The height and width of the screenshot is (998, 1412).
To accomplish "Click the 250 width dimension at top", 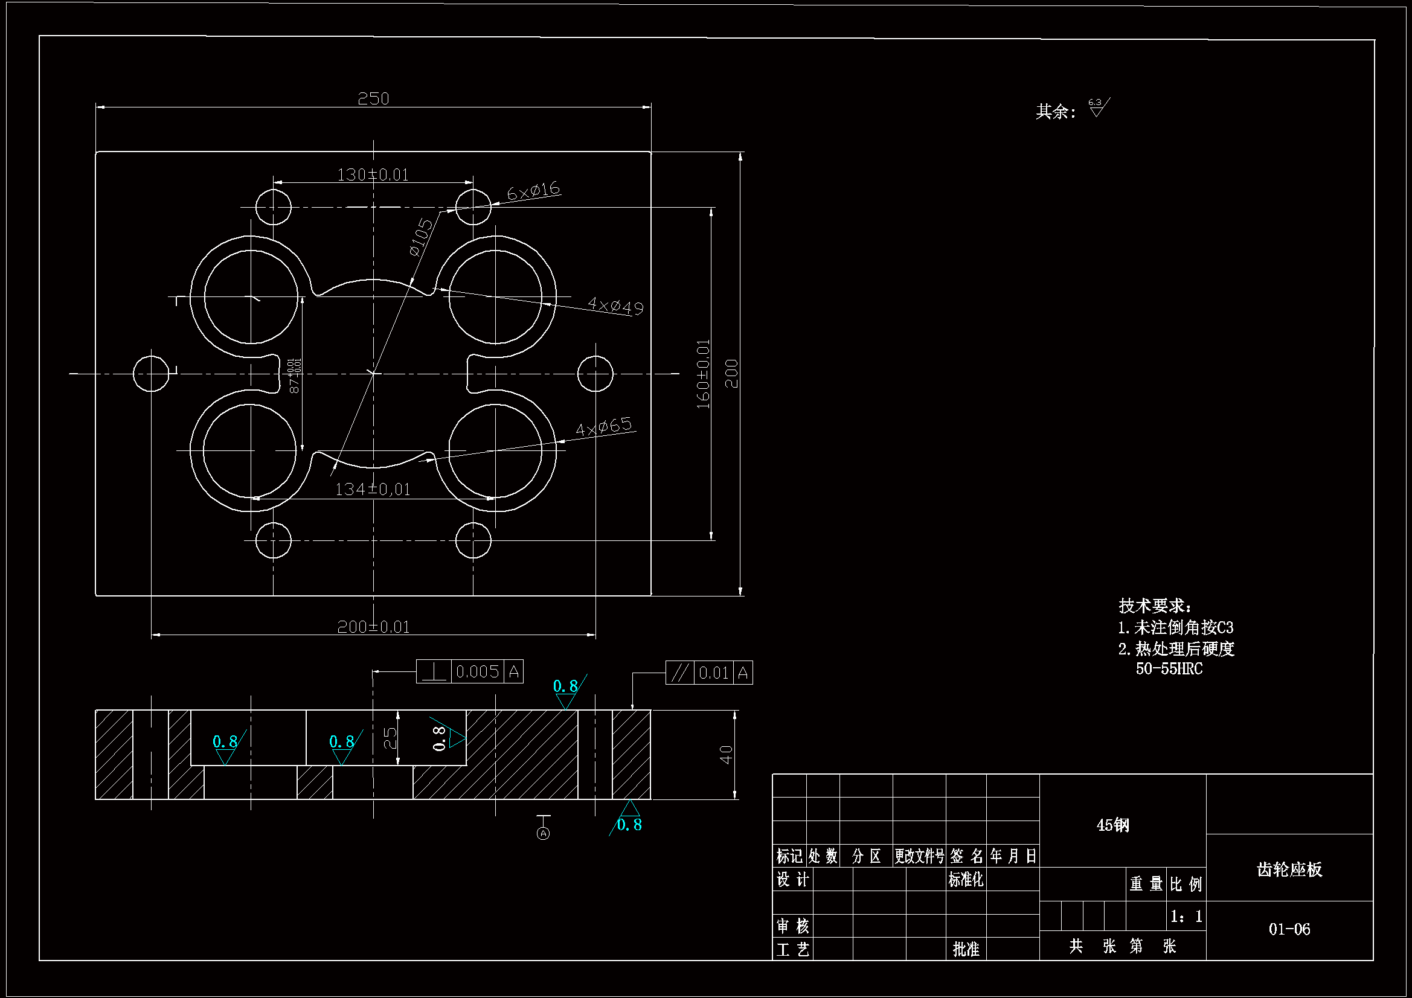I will coord(373,99).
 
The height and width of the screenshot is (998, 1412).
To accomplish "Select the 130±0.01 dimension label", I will coord(373,175).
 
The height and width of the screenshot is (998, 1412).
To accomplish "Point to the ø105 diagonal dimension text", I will coord(422,237).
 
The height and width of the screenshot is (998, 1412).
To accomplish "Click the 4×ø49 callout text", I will coord(615,305).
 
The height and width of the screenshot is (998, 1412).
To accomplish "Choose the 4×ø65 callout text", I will coord(603,426).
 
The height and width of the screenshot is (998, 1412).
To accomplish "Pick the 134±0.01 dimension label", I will coord(372,490).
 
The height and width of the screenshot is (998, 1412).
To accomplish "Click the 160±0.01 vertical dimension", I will coord(703,374).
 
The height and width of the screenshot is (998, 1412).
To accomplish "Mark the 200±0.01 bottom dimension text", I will coord(373,627).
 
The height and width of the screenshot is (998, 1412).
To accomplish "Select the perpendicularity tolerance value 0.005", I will coord(477,672).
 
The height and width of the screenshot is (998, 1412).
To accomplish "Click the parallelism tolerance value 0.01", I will coord(713,673).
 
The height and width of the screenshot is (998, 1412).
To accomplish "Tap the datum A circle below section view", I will coord(543,834).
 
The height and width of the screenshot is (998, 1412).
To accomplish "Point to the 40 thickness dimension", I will coord(727,755).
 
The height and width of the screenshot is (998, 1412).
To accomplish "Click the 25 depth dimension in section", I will coord(390,738).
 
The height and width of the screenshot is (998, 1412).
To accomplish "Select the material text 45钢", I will coord(1112,825).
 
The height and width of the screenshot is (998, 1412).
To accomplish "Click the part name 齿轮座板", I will coord(1289,869).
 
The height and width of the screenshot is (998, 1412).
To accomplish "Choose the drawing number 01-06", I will coord(1289,929).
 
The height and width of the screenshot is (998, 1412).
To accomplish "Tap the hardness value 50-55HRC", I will coord(1169,669).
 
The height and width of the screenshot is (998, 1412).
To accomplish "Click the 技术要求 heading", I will coord(1154,606).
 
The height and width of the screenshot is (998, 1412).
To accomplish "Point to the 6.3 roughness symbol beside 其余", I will coord(1098,107).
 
